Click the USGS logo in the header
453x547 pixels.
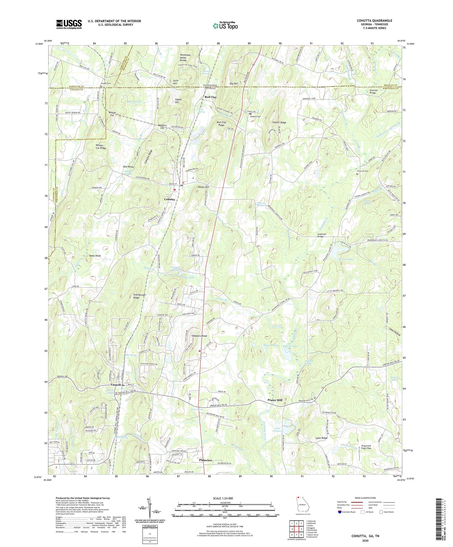click(x=69, y=24)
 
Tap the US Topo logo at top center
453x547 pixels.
click(x=225, y=26)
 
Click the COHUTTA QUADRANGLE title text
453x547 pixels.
click(x=374, y=21)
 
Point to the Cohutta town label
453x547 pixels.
click(x=169, y=199)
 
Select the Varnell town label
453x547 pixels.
click(x=116, y=385)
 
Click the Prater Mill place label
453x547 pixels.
click(x=275, y=400)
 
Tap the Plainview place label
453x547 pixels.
click(x=206, y=460)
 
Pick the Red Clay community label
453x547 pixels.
click(x=210, y=97)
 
